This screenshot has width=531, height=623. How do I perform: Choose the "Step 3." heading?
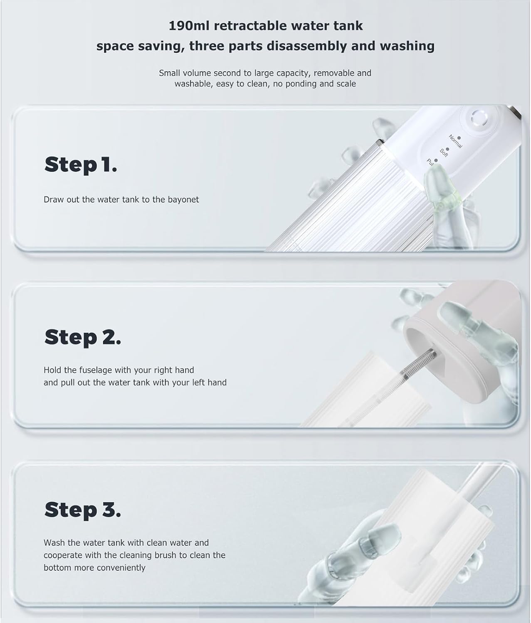pos(83,510)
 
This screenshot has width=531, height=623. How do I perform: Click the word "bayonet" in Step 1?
pos(183,199)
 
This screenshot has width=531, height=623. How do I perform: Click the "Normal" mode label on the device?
pos(455,141)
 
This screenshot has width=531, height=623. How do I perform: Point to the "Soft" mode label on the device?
pos(444,153)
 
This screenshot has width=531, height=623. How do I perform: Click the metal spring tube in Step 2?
pos(418,365)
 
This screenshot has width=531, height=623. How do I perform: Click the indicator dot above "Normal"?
pos(459,138)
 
